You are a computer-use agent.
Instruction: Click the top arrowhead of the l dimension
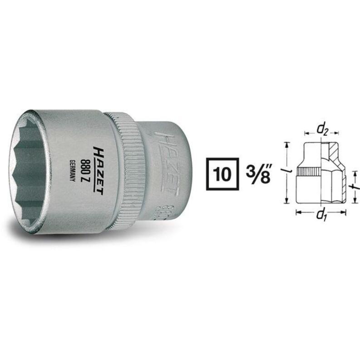tap(287, 143)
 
